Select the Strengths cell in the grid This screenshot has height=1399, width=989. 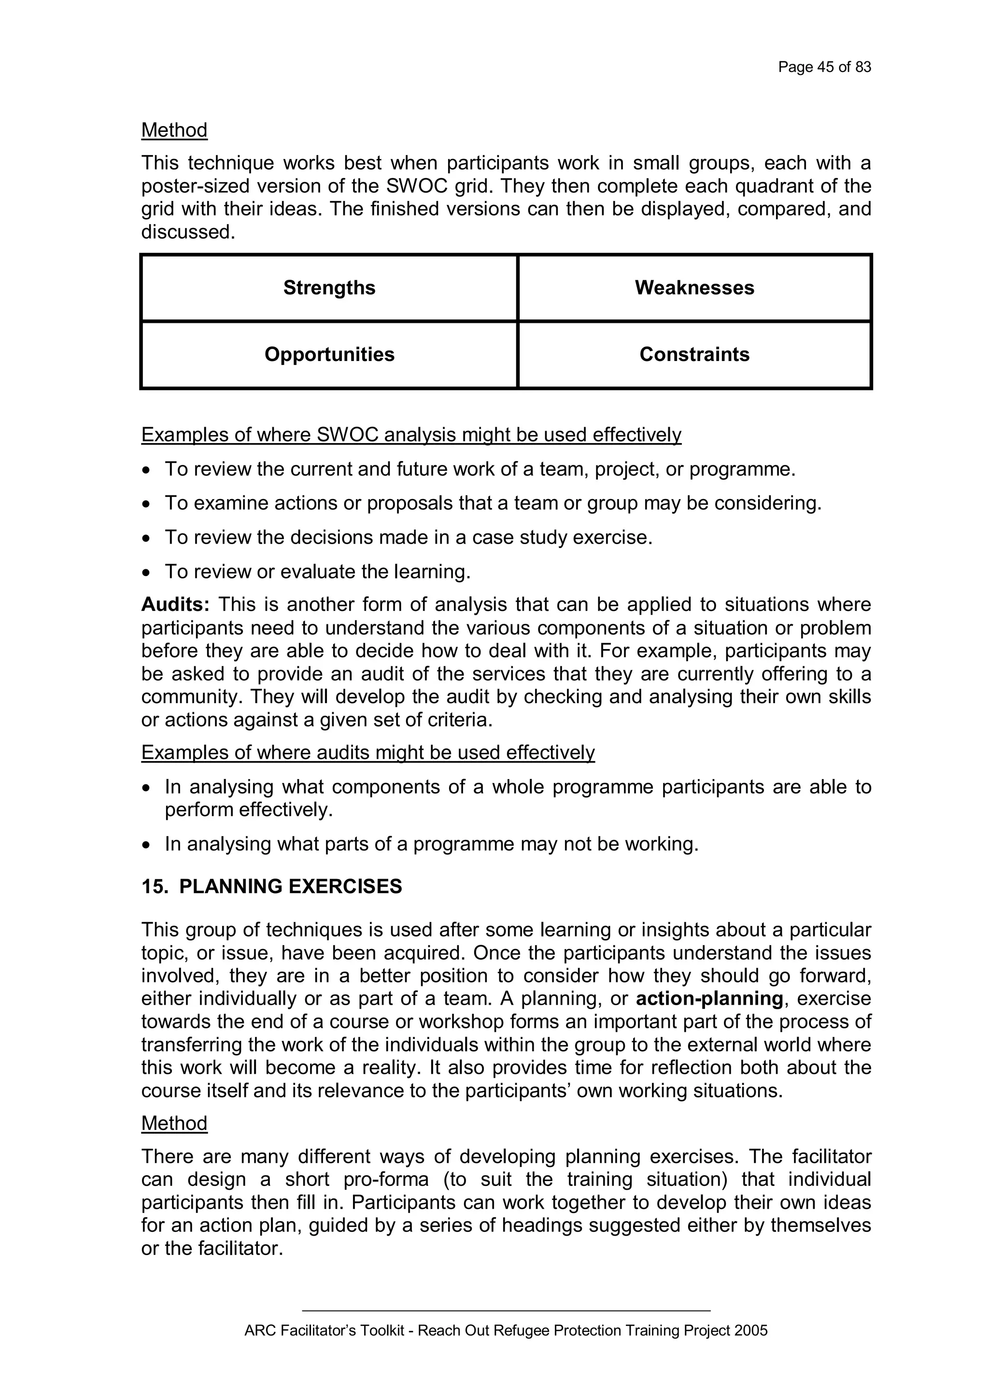pos(329,288)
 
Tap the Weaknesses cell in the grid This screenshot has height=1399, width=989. pos(694,288)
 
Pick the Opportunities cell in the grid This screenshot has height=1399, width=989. pos(329,355)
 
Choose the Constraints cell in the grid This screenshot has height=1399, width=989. pos(694,355)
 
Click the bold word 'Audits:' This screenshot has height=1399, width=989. pos(175,605)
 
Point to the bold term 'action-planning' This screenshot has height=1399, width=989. pos(709,999)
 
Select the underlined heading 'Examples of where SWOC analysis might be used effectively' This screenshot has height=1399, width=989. pos(411,435)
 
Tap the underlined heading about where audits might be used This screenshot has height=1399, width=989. pos(368,752)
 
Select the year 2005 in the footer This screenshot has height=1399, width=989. pos(750,1331)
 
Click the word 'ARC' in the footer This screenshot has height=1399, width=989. pos(256,1331)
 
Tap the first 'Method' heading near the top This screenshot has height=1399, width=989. pos(174,130)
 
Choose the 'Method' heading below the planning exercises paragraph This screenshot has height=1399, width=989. pos(174,1123)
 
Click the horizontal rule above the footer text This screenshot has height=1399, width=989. pos(506,1310)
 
